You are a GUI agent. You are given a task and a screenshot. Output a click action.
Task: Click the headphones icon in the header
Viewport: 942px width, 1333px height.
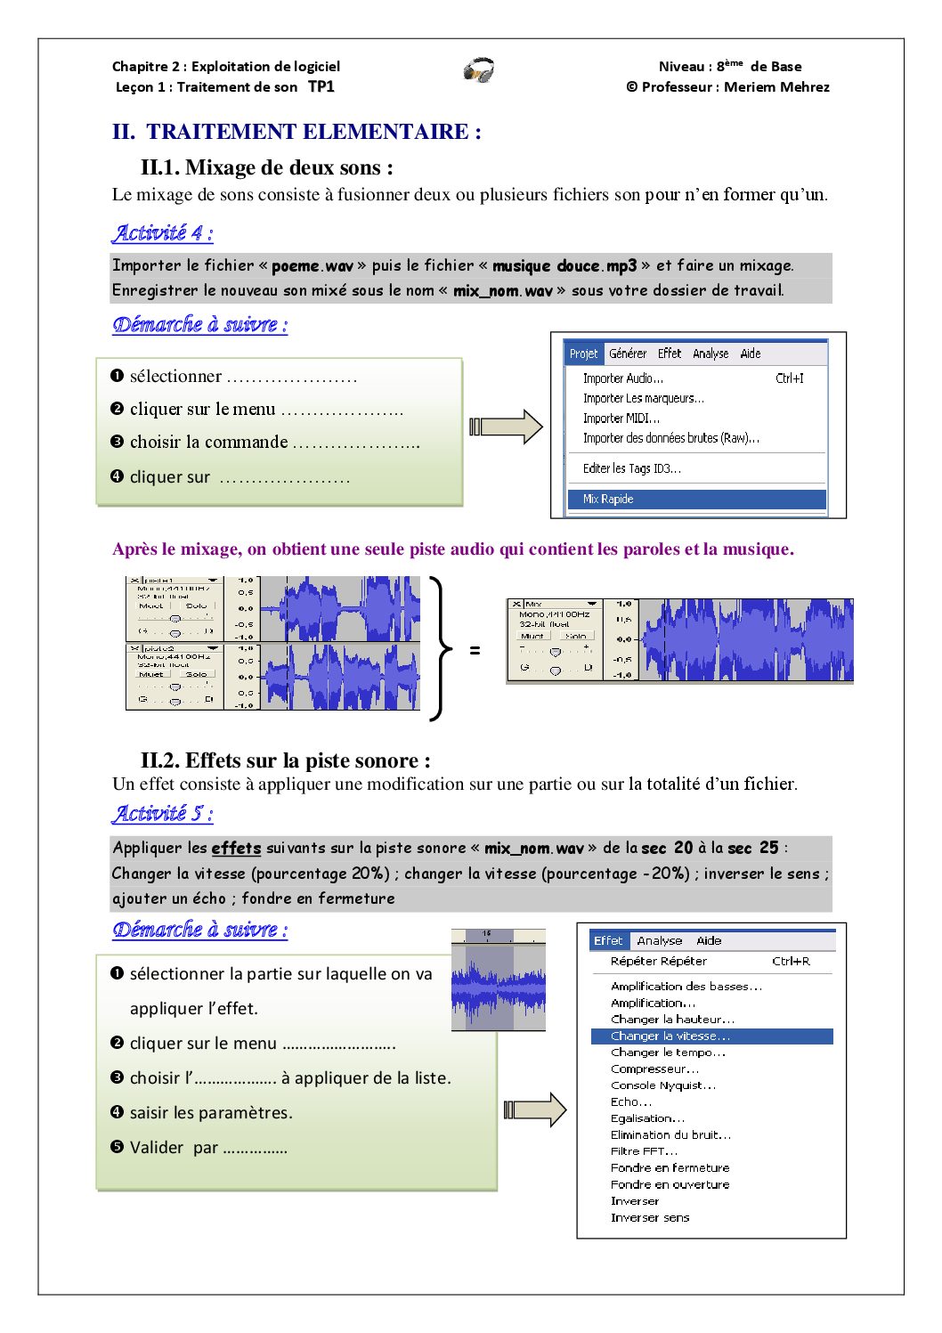click(x=479, y=70)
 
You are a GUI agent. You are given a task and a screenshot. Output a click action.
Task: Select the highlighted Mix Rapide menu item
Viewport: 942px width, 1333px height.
click(x=608, y=500)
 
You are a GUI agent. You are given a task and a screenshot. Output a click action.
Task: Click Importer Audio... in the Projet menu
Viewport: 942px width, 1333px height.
click(x=623, y=378)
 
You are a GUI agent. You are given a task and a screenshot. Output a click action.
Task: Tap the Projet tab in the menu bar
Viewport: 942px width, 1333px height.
click(x=583, y=354)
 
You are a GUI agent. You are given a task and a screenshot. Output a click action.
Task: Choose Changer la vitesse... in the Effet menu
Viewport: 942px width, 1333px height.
click(x=670, y=1036)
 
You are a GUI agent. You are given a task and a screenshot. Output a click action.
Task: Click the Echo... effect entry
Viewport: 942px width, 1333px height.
click(x=631, y=1101)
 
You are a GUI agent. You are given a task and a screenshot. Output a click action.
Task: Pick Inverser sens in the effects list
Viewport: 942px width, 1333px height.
click(x=650, y=1218)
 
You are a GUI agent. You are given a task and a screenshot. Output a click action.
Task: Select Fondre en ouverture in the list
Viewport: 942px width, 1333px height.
click(x=670, y=1185)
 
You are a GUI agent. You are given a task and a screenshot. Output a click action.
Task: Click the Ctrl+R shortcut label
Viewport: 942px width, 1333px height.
click(x=791, y=962)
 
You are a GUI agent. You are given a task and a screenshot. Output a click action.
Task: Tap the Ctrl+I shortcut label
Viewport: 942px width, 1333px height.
click(x=789, y=378)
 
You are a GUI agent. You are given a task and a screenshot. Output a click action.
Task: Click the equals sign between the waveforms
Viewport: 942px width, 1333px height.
click(x=475, y=651)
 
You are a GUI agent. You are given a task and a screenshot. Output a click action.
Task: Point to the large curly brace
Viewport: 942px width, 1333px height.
click(x=437, y=647)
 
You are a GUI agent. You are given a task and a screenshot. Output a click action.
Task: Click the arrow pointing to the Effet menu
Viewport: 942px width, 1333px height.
click(x=534, y=1109)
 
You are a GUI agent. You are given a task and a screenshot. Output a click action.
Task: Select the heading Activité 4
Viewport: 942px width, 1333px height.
click(x=162, y=233)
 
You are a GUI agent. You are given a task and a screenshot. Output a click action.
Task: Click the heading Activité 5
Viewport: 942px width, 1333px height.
click(x=162, y=813)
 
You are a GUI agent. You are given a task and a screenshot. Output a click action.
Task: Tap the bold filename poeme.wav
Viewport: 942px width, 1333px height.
click(x=313, y=266)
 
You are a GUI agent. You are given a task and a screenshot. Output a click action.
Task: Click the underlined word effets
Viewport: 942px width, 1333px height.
click(x=236, y=849)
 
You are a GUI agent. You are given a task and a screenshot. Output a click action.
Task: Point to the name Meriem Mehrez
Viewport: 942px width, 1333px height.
click(x=776, y=87)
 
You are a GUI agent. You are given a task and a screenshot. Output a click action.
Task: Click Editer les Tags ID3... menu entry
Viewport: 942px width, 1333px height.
click(x=631, y=468)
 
